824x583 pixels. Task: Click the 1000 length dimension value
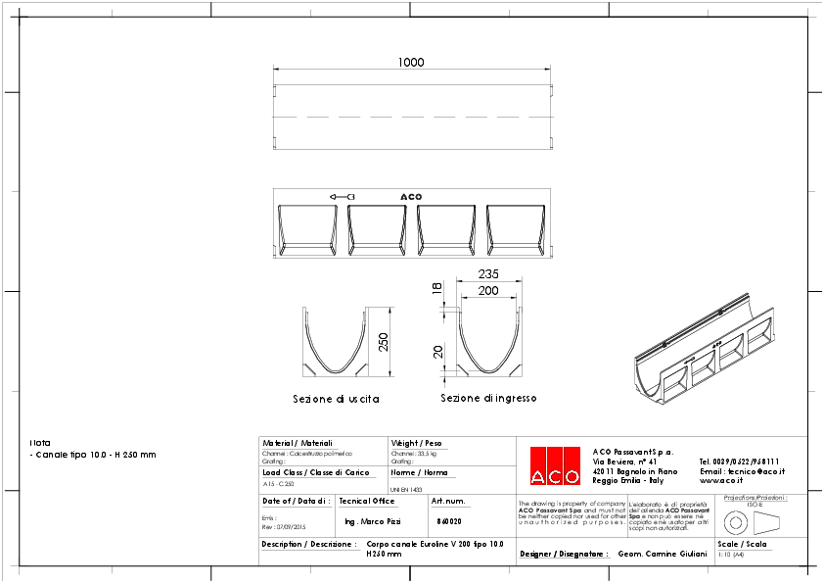pos(411,63)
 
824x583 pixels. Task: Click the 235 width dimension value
pos(489,274)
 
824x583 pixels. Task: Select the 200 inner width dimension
pos(488,291)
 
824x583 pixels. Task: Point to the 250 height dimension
pos(384,340)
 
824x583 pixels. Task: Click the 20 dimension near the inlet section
pos(437,352)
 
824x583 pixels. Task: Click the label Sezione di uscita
pos(336,400)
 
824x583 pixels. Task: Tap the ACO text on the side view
pos(411,197)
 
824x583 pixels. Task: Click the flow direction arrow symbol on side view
pos(342,197)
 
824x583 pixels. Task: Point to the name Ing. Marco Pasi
pos(373,521)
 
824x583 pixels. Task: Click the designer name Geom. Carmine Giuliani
pos(663,554)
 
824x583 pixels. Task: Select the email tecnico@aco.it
pos(742,470)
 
